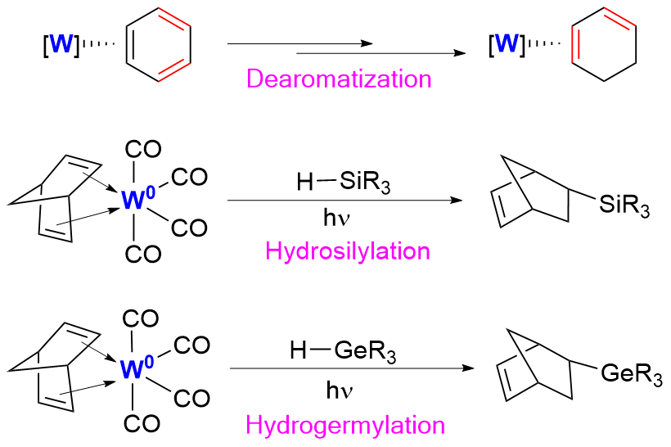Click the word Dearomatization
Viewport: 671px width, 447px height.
tap(339, 79)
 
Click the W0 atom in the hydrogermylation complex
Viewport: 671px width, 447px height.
tap(134, 370)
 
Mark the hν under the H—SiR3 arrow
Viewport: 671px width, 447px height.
tap(337, 219)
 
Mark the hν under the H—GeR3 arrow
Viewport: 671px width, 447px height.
tap(337, 391)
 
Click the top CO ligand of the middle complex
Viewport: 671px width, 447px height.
tap(143, 149)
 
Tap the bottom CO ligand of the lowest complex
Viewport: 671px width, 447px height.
tap(143, 424)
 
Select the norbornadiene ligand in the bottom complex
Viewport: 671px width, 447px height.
tap(49, 368)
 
